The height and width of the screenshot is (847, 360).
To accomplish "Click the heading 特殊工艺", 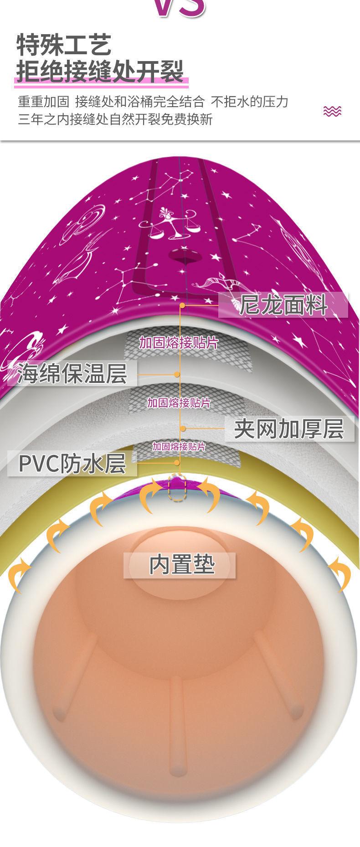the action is [x=64, y=45].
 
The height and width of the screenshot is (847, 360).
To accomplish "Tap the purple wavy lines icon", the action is [x=332, y=111].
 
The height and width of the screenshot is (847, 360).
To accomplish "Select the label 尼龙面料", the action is [x=283, y=305].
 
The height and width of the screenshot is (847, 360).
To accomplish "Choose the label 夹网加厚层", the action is [x=289, y=429].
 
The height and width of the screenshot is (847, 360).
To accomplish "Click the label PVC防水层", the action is [x=72, y=463].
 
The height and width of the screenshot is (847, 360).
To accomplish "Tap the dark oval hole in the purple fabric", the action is [x=185, y=256].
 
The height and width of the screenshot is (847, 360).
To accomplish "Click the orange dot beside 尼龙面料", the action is [x=182, y=305].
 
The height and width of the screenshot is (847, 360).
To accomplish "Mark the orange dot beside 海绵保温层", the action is [x=177, y=374].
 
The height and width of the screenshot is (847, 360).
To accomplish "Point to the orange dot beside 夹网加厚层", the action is [x=183, y=429].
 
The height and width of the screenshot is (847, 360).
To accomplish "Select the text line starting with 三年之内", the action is [x=115, y=119].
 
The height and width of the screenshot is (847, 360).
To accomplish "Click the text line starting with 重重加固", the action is [x=153, y=101].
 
